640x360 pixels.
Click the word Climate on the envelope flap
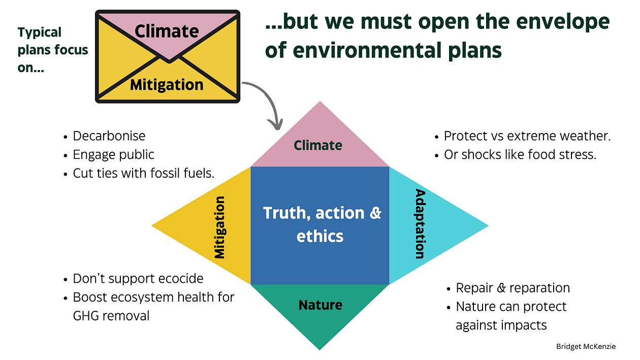tap(167, 31)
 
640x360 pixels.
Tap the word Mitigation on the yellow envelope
tap(167, 84)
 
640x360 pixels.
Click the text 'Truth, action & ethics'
tap(322, 224)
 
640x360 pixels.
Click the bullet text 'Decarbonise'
tap(109, 136)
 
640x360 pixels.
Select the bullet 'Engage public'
tap(113, 154)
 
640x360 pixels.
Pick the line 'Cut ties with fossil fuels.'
tap(144, 173)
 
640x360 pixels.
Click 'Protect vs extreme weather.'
tap(527, 136)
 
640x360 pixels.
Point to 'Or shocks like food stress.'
tap(520, 154)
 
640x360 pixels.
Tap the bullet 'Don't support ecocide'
tap(138, 279)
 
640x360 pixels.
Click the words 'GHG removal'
tap(111, 315)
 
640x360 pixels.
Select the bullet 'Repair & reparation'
tap(513, 288)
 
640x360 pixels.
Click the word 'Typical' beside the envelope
tap(40, 32)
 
